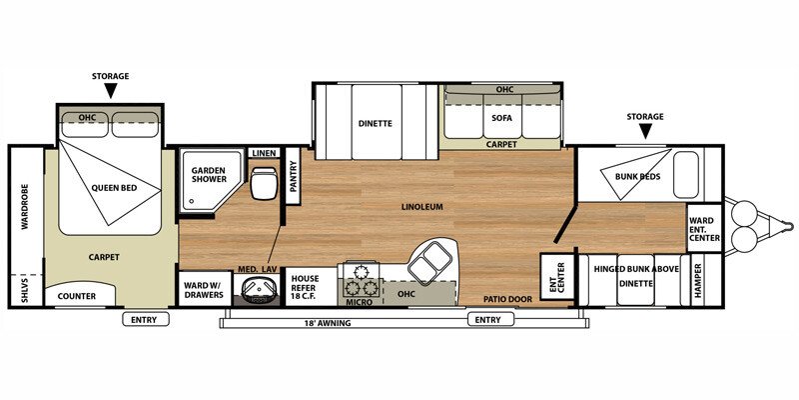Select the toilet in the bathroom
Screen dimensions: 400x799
pos(264,184)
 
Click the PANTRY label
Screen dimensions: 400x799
pos(293,176)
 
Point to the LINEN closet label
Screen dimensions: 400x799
pos(263,153)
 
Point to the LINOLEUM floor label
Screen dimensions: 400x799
pos(420,207)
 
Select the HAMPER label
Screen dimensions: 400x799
pos(698,282)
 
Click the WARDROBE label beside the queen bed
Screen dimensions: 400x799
pos(24,206)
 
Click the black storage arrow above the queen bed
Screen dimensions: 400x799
pos(111,91)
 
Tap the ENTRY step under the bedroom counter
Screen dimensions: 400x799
pos(146,319)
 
